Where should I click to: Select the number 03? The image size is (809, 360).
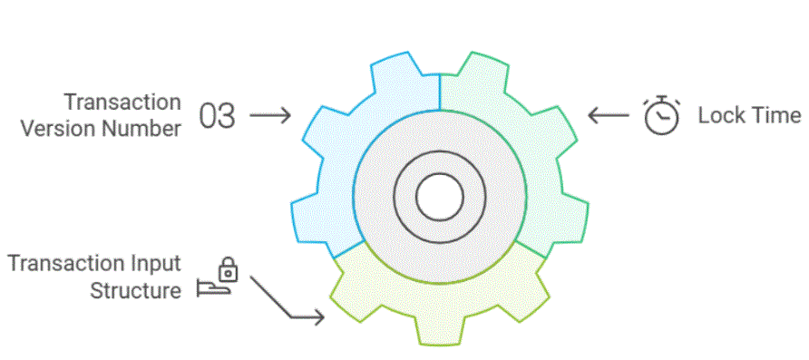[217, 116]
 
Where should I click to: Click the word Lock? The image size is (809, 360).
[718, 116]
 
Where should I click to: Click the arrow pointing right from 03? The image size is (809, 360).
[269, 116]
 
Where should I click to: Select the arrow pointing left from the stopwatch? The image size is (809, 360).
[608, 116]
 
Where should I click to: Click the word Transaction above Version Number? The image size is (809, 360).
[122, 102]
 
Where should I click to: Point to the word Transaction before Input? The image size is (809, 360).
[66, 264]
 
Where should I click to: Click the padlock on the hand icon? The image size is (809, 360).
[229, 269]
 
